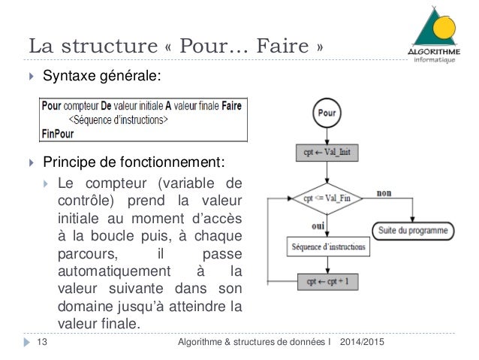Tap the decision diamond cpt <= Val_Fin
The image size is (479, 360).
pos(327,198)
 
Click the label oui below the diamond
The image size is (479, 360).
pos(318,225)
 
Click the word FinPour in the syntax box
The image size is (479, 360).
pos(59,132)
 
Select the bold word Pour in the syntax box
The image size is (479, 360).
pos(51,106)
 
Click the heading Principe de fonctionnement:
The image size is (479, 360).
pos(133,163)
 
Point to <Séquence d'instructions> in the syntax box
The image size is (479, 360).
pos(119,119)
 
